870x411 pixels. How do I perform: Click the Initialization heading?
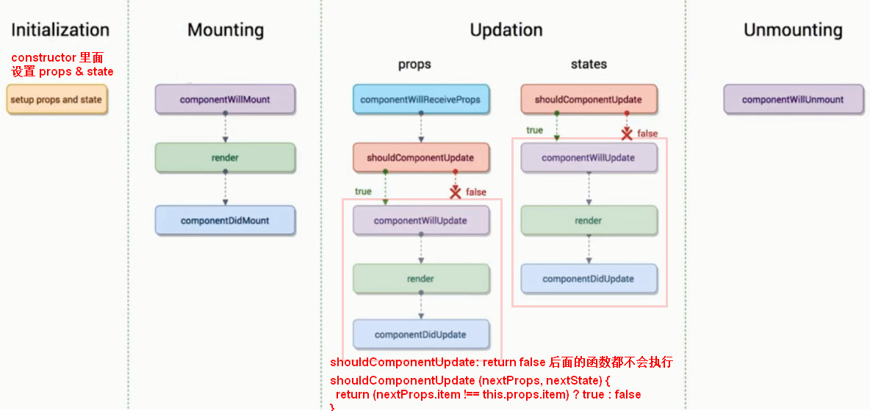pos(60,29)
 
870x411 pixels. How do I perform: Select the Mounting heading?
pos(226,29)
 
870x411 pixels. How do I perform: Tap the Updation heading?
pos(506,29)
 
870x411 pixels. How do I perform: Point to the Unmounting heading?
pos(793,29)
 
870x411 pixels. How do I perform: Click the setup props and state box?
pos(57,100)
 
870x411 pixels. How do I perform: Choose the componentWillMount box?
pos(225,100)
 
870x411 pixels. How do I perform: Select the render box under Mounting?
pos(225,157)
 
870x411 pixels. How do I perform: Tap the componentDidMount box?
pos(225,220)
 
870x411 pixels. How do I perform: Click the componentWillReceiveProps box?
pos(420,100)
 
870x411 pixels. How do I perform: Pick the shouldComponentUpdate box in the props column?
pos(420,157)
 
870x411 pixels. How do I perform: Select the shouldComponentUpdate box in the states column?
pos(589,100)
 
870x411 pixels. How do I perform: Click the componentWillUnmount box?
pos(793,100)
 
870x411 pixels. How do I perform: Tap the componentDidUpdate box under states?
pos(589,279)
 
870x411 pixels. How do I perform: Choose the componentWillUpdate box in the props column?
pos(420,220)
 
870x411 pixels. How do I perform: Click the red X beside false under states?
pos(627,134)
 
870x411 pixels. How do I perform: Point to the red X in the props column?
pos(456,192)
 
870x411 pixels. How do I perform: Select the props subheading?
pos(414,65)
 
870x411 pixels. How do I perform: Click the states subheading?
pos(589,65)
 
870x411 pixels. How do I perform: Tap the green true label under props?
pos(363,191)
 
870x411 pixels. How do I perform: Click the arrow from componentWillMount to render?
pos(226,128)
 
